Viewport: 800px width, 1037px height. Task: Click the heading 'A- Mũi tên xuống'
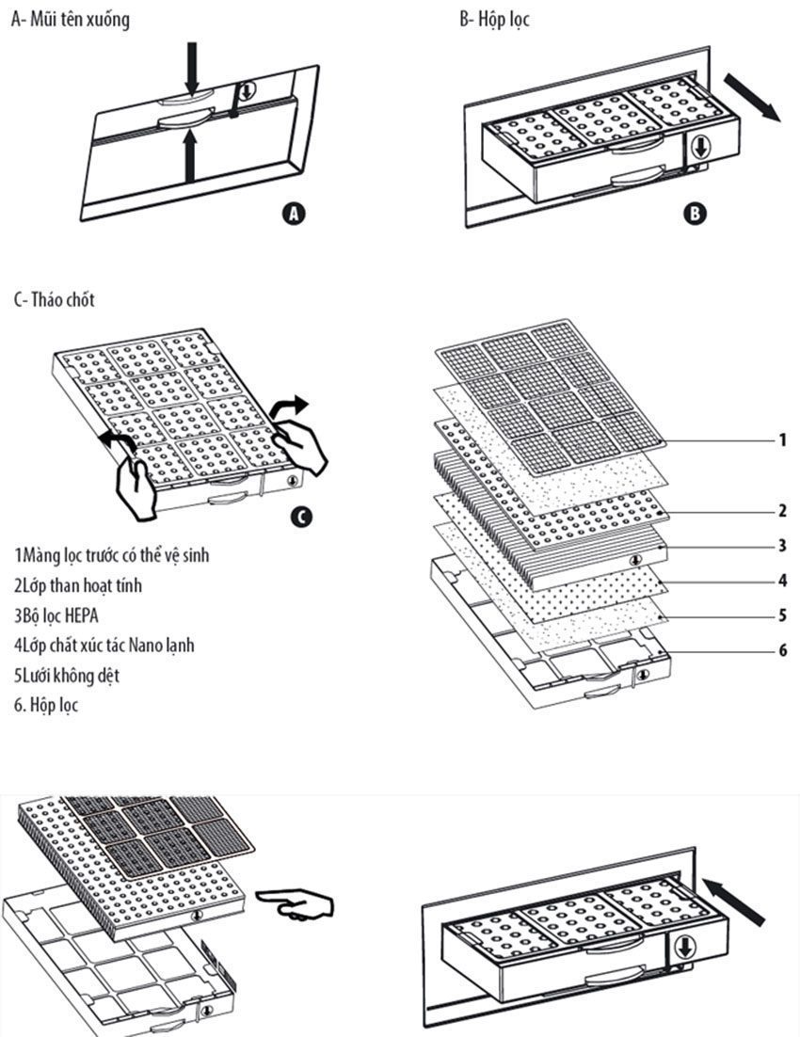tap(70, 19)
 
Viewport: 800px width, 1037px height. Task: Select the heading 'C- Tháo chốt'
tap(54, 300)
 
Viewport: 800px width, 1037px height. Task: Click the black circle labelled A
tap(295, 214)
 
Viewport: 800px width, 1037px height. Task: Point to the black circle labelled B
tap(694, 214)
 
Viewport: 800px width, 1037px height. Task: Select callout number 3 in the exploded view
tap(783, 546)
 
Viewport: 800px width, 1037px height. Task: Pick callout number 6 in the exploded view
tap(783, 650)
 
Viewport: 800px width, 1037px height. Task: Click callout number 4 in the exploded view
tap(783, 581)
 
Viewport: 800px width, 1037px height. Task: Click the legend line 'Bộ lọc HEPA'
tap(56, 615)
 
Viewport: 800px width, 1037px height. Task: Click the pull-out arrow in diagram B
tap(759, 101)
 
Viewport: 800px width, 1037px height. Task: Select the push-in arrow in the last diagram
tap(734, 900)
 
